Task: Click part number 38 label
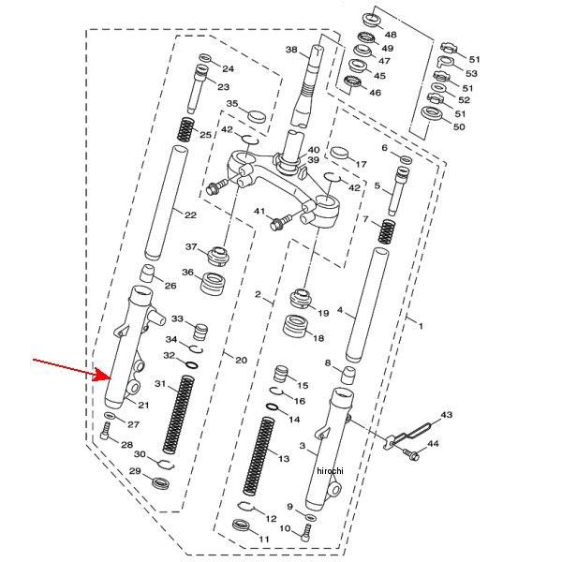click(291, 50)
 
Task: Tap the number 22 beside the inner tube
click(190, 215)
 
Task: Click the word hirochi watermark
click(331, 470)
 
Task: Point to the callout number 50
click(458, 126)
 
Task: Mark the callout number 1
click(421, 326)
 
